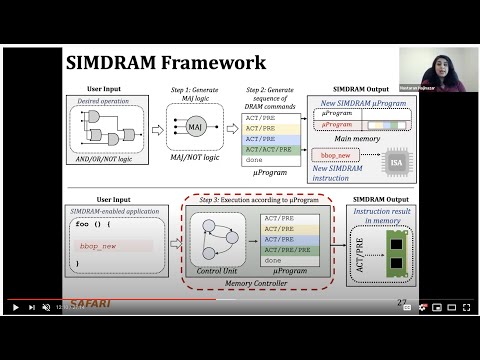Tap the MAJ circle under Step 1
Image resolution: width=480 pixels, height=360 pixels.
pyautogui.click(x=196, y=128)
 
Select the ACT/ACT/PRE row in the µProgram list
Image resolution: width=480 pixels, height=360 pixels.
pyautogui.click(x=268, y=149)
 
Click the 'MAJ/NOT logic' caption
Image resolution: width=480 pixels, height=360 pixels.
pyautogui.click(x=196, y=157)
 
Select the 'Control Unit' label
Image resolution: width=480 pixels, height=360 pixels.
pyautogui.click(x=216, y=269)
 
